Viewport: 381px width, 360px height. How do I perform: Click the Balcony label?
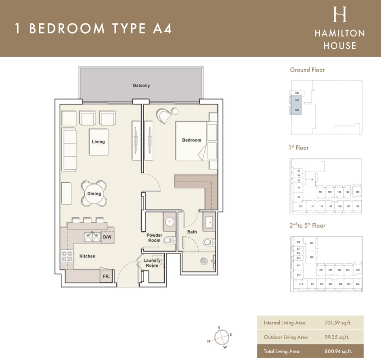(x=141, y=85)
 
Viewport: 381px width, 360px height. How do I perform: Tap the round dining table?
(x=95, y=193)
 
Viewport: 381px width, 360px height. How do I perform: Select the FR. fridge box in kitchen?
(x=106, y=275)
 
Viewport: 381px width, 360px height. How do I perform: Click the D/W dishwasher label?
(x=107, y=237)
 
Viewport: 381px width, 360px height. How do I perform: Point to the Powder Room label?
(x=154, y=238)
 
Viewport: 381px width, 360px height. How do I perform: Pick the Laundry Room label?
(x=152, y=263)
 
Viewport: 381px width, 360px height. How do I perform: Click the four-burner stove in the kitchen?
(x=67, y=256)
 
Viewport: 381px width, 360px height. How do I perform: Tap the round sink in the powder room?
(x=170, y=222)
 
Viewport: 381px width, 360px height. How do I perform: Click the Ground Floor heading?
(x=307, y=70)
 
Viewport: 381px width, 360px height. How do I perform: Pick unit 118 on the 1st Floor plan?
(x=311, y=179)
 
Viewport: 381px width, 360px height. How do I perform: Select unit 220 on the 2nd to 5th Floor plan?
(x=311, y=257)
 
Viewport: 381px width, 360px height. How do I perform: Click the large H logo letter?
(x=339, y=15)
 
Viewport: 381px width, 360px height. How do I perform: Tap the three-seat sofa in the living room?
(x=69, y=149)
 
